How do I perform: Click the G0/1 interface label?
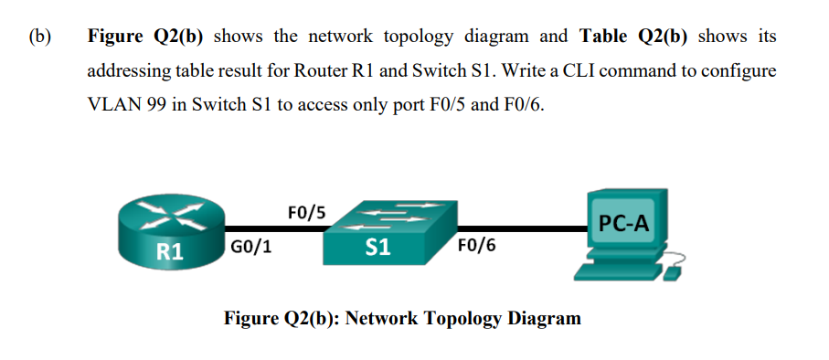pyautogui.click(x=250, y=247)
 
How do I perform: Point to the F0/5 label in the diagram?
pyautogui.click(x=307, y=214)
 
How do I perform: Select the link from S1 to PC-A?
pyautogui.click(x=521, y=229)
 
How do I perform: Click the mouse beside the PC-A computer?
pyautogui.click(x=674, y=272)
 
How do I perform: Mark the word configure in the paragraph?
pyautogui.click(x=740, y=70)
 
